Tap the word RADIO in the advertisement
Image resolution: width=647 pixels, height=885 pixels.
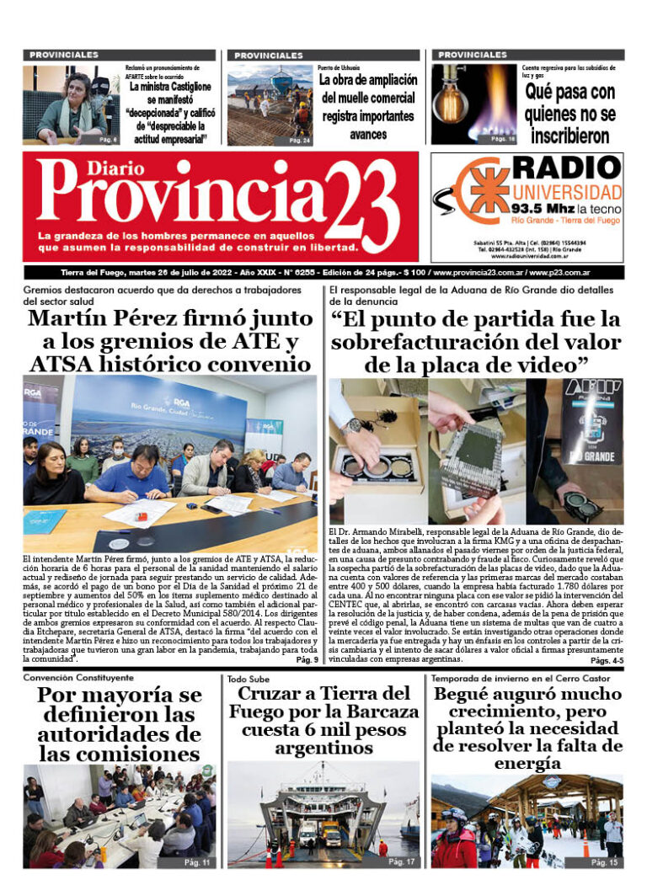point(567,168)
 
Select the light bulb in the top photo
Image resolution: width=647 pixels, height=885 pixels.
point(454,99)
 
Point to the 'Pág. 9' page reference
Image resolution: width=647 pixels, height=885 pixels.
point(307,659)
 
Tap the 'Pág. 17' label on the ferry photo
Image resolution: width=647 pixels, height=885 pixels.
point(403,861)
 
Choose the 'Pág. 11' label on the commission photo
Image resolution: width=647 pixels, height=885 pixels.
point(197,861)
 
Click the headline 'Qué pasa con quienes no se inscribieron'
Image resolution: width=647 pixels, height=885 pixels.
point(569,113)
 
